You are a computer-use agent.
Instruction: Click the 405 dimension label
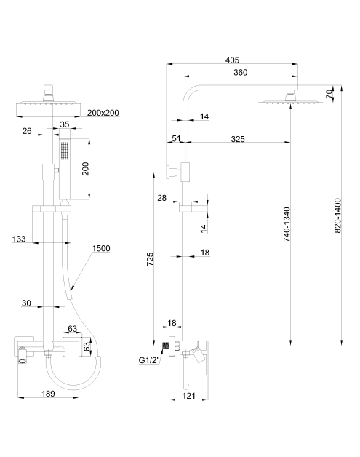232,60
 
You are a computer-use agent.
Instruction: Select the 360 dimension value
240,72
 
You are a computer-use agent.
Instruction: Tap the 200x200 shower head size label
103,113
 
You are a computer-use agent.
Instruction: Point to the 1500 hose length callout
101,248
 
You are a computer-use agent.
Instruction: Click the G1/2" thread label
150,360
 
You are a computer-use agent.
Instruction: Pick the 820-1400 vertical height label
337,215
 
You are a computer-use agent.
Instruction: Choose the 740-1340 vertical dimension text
287,224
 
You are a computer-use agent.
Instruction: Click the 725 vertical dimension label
150,259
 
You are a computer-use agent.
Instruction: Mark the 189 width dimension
48,394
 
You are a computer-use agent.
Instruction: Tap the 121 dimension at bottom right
189,396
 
